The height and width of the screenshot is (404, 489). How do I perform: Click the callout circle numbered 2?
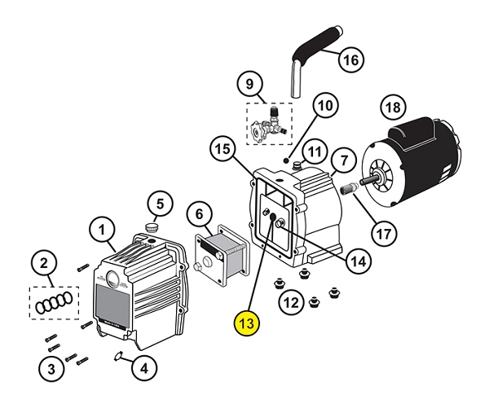pos(45,263)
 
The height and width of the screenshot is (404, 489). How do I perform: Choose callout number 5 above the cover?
pos(160,202)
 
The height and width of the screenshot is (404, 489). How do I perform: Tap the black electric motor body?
pos(416,163)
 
